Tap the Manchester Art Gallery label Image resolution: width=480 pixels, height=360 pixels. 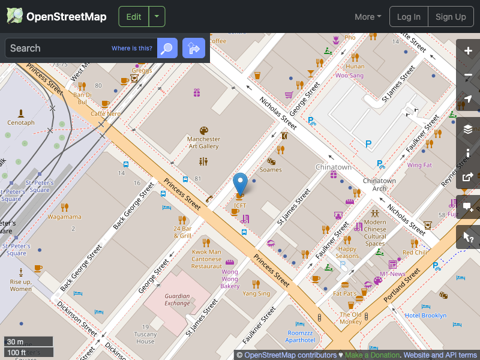click(x=203, y=142)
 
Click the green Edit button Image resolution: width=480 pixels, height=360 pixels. click(x=134, y=17)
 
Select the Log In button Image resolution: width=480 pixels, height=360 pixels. click(x=409, y=17)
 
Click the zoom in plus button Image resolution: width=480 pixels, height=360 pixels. click(x=468, y=51)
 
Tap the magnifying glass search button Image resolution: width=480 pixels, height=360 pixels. click(x=167, y=48)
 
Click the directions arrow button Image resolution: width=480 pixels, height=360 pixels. click(x=194, y=48)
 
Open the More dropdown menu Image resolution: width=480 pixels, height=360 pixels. click(x=368, y=17)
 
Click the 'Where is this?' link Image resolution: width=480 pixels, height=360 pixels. click(x=132, y=49)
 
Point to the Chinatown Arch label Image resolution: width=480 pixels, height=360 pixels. click(x=379, y=184)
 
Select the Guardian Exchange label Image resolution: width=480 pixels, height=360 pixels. click(x=178, y=299)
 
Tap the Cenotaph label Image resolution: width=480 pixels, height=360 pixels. click(x=21, y=122)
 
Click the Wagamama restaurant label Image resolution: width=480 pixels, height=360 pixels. click(x=64, y=217)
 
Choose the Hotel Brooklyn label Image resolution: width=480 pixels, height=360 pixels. click(x=425, y=316)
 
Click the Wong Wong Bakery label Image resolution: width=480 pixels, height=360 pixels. click(x=230, y=279)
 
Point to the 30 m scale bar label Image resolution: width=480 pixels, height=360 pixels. click(x=16, y=342)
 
